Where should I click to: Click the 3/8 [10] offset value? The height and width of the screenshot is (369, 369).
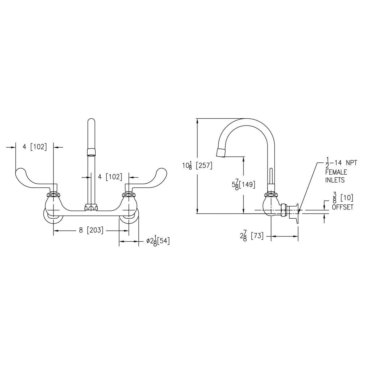pos(342,198)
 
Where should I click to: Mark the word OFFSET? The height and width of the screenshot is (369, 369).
pos(342,207)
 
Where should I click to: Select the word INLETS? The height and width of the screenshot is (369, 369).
pos(335,180)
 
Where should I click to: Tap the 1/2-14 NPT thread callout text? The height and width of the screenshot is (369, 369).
pos(341,163)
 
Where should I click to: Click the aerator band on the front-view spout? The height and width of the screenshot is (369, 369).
pos(91,152)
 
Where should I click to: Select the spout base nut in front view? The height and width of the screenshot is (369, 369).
pos(91,208)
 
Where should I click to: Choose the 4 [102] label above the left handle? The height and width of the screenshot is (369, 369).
pos(34,147)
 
